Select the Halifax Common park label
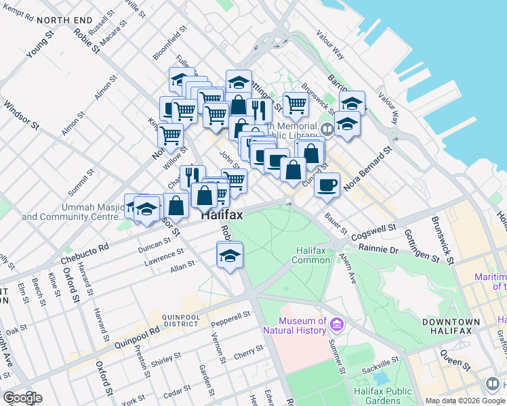[x=312, y=256]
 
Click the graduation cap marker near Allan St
[x=230, y=256]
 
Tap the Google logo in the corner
[x=22, y=397]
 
